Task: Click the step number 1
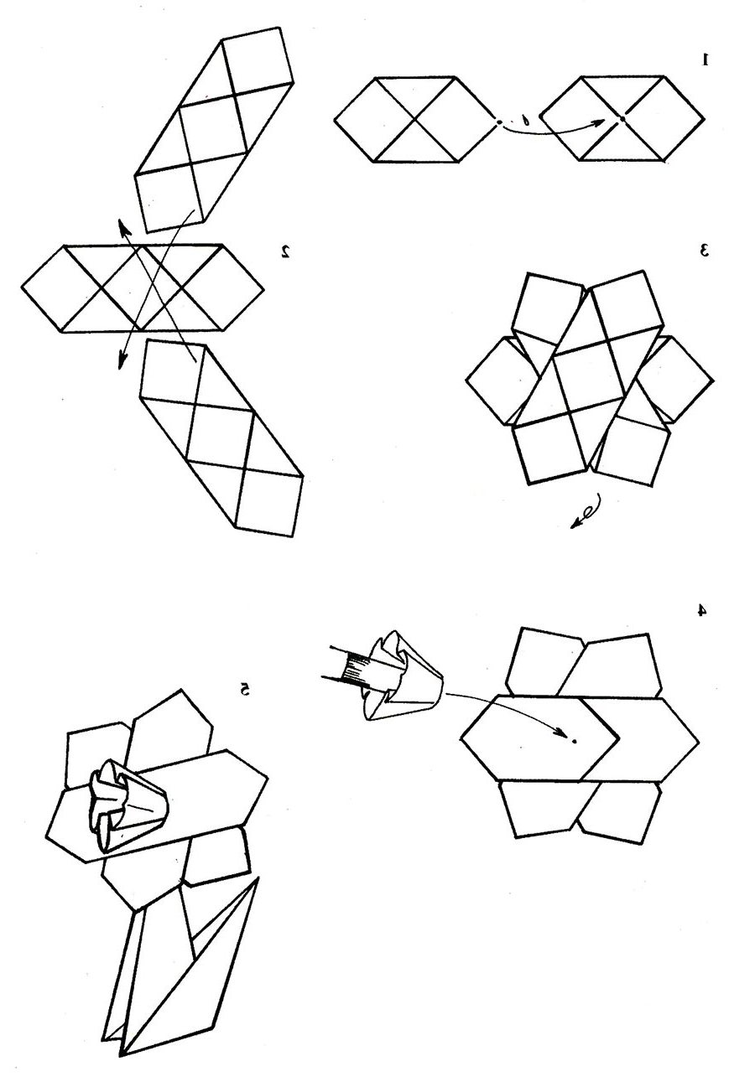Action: (706, 59)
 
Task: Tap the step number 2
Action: (286, 251)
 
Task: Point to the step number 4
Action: (702, 610)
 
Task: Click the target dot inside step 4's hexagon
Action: (575, 741)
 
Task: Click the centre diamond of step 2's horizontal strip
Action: (142, 288)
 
